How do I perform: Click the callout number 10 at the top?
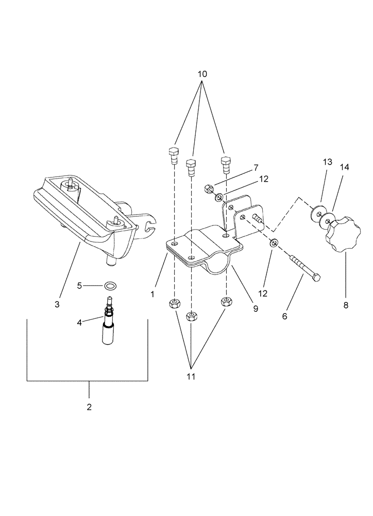[202, 74]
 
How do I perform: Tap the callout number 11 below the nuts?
[191, 377]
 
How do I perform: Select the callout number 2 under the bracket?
[89, 407]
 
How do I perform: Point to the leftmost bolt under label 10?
[173, 154]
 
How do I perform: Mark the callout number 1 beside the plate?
[152, 294]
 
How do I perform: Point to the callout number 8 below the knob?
[346, 305]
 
